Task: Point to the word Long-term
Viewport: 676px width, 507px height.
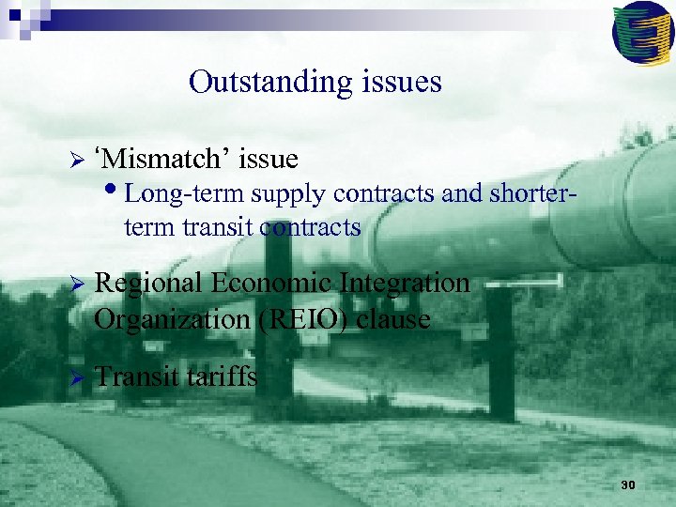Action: point(173,194)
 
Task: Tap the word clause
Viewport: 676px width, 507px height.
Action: point(392,319)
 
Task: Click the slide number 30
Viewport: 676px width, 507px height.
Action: point(628,484)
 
